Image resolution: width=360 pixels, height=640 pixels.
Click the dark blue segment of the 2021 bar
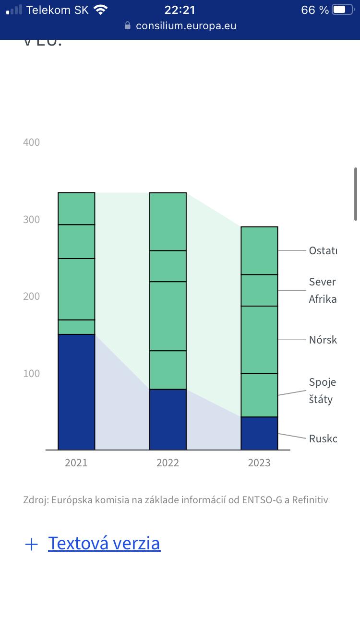coord(76,392)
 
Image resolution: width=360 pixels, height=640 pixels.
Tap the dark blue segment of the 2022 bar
coord(168,419)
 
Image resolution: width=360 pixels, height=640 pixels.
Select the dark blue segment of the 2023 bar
coord(259,433)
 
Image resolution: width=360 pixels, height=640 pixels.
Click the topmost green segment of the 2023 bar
coord(259,250)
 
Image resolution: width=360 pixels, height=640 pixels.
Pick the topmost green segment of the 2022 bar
coord(168,222)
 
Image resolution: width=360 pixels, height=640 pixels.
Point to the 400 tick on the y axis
coord(32,142)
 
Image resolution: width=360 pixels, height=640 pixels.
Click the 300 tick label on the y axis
coord(32,219)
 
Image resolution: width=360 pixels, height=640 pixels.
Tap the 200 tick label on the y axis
coord(32,296)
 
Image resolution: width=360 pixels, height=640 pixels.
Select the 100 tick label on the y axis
coord(32,373)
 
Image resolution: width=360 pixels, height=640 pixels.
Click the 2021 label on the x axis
coord(76,462)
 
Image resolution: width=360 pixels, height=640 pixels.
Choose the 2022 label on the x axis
coord(168,462)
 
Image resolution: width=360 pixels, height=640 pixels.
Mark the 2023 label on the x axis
coord(259,462)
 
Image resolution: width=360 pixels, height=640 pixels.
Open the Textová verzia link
coord(104,543)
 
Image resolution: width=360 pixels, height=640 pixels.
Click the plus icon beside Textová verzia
coord(31,544)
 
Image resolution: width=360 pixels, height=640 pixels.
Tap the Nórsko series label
coord(323,340)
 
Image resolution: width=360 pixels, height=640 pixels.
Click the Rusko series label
coord(323,439)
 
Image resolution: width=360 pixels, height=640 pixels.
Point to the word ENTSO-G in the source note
coord(263,500)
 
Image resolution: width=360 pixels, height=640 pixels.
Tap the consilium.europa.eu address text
coord(186,26)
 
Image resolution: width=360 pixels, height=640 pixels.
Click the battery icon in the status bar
coord(343,10)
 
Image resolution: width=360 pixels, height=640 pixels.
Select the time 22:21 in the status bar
coord(180,10)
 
